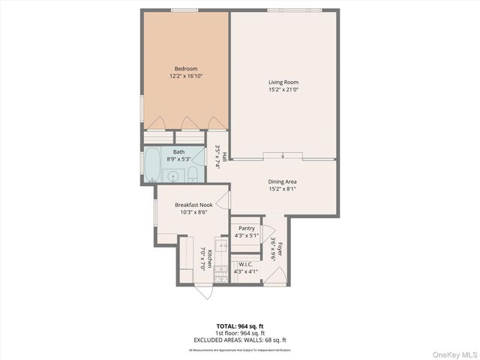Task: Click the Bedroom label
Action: coord(185,69)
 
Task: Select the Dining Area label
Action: coord(283,181)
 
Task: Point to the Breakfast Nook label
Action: coord(193,205)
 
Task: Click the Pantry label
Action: coord(246,229)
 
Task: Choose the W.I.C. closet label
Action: coord(246,264)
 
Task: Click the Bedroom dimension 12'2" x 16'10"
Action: coord(185,76)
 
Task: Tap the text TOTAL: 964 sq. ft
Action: coord(240,326)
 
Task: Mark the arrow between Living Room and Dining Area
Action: coord(283,156)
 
